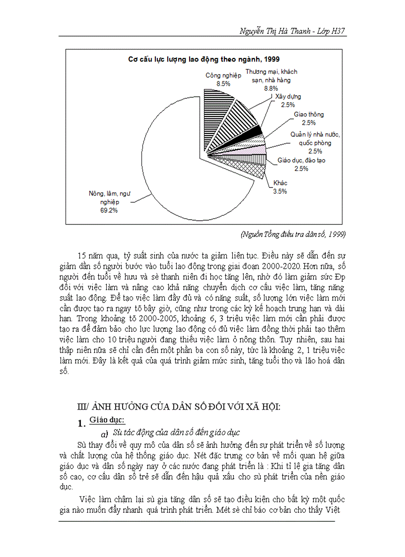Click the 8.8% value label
[x=270, y=88]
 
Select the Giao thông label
[x=308, y=115]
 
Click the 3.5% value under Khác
[x=279, y=191]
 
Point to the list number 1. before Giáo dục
[x=81, y=424]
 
